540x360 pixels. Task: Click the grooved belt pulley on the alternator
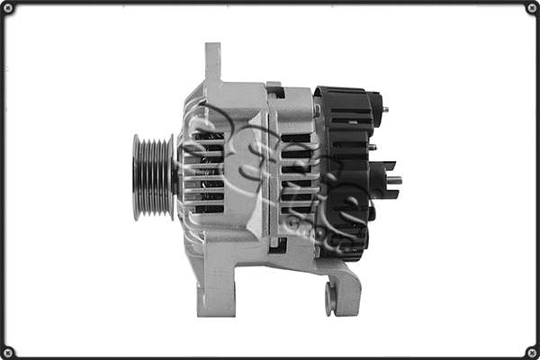(152, 177)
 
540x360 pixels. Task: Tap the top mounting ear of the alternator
(213, 62)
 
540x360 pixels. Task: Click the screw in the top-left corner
(8, 8)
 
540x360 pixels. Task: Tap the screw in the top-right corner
(531, 8)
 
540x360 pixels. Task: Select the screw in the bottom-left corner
(8, 351)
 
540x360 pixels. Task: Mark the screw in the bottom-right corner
(531, 351)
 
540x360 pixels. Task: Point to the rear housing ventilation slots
(295, 175)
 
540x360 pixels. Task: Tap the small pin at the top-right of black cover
(385, 110)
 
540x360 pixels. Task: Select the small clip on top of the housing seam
(275, 90)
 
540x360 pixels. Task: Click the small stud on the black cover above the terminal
(372, 147)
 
